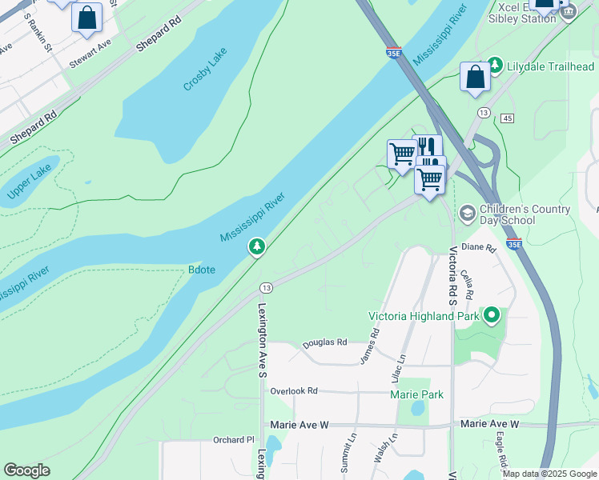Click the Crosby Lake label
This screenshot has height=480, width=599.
(x=205, y=69)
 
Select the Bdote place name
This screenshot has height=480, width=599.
(x=201, y=270)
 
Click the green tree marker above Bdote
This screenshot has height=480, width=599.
(x=257, y=247)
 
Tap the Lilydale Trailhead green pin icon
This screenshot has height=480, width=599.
(x=495, y=65)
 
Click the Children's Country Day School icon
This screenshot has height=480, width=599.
(x=466, y=214)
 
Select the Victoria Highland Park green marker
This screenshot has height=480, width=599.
(x=492, y=316)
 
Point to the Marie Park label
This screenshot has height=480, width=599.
(x=416, y=394)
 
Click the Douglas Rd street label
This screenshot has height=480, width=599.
(x=324, y=343)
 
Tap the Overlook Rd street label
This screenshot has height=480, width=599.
(x=294, y=391)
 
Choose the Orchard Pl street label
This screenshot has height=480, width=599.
(x=233, y=439)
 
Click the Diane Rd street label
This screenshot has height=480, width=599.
(x=480, y=247)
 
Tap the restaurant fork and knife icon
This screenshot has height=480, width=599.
(x=427, y=147)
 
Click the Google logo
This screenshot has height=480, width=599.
(x=26, y=470)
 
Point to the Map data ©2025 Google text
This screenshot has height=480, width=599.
(x=549, y=474)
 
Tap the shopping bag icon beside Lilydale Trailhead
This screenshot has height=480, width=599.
(x=475, y=77)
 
